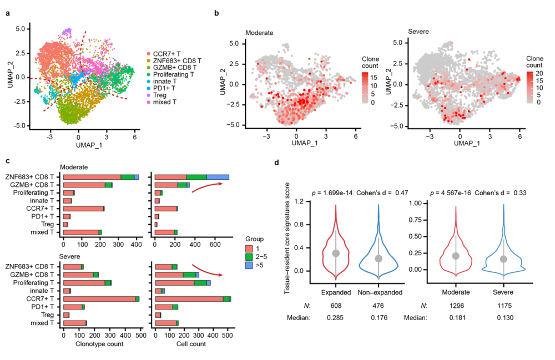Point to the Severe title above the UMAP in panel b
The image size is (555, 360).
coord(418,33)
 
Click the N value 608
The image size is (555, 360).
coord(335,306)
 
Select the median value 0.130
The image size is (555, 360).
coord(504,318)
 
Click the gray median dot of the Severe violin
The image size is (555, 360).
coord(504,259)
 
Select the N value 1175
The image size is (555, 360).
coord(504,306)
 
